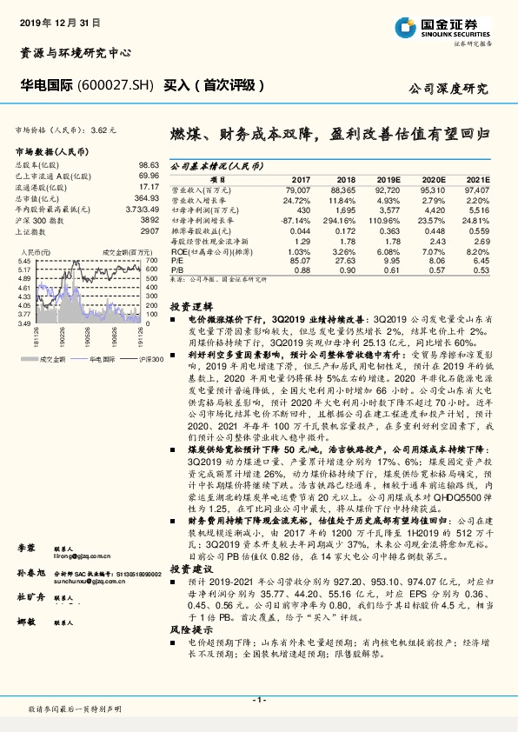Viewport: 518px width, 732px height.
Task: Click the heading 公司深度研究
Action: [448, 89]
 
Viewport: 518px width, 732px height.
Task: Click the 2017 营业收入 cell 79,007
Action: [297, 189]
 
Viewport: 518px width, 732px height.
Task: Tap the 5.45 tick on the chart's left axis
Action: [24, 261]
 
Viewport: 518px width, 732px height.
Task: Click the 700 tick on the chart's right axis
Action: [152, 261]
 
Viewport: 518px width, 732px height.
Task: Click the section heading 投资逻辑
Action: [190, 308]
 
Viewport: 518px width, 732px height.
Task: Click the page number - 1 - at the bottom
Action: [258, 699]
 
